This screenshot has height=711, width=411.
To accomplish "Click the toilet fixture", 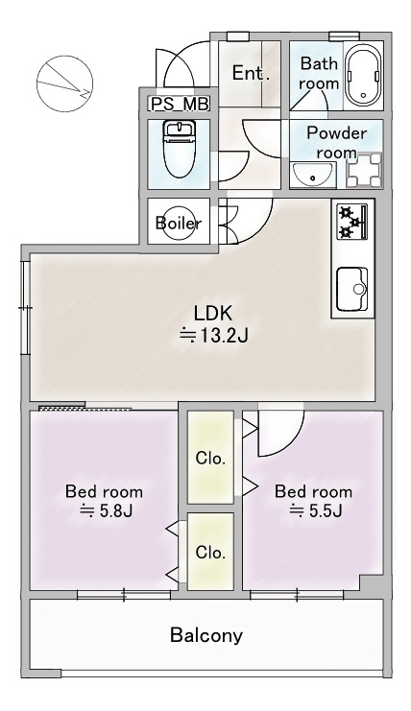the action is coord(180,149).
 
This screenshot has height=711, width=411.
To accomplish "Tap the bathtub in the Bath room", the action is coord(363,76).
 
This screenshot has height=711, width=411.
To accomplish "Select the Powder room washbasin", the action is coord(312,174).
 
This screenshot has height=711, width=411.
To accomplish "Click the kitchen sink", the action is coord(352,289).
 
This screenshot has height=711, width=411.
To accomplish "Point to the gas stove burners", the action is coord(352,222).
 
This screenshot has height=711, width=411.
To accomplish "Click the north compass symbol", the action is coord(65,83).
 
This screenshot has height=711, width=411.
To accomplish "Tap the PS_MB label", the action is coord(180,105).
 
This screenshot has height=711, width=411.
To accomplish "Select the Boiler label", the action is coord(179,223).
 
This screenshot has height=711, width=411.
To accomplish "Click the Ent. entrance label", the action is coord(251,73).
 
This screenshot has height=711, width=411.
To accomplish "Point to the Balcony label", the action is coord(206,635).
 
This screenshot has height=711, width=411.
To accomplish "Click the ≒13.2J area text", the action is coord(214,336).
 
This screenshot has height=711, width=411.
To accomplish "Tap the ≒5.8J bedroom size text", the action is coord(106,511).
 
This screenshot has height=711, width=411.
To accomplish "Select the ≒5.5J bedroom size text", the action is coord(315,511).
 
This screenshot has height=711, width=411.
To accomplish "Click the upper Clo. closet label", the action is coord(210,458).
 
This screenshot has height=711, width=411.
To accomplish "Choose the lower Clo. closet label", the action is coord(210,553).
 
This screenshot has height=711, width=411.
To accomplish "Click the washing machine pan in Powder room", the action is coord(364,170).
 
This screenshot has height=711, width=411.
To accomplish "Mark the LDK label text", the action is coord(213,313).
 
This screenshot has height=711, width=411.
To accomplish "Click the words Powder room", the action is coord(336,142).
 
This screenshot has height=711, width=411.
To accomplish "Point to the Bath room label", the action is coord(319,74).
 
